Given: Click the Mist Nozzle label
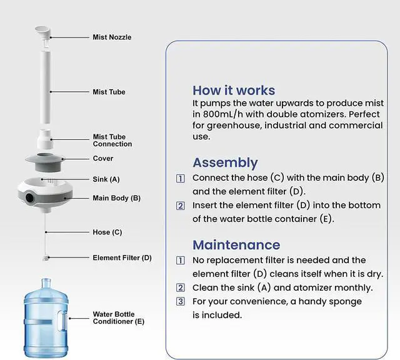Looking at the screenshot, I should pyautogui.click(x=112, y=37).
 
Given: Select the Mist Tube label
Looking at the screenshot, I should pyautogui.click(x=109, y=92).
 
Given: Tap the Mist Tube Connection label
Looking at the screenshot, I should pyautogui.click(x=112, y=141).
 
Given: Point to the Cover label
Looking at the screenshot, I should pyautogui.click(x=103, y=159).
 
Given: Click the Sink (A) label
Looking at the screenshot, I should pyautogui.click(x=106, y=179).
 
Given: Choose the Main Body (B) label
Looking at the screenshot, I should pyautogui.click(x=116, y=198).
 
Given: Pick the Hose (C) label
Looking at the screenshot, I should pyautogui.click(x=107, y=232).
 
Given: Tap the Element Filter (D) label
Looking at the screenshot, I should pyautogui.click(x=122, y=257).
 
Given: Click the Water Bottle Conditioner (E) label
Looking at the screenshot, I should pyautogui.click(x=118, y=317).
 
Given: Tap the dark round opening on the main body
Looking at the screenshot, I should pyautogui.click(x=30, y=198).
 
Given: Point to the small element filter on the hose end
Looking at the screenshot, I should pyautogui.click(x=46, y=257).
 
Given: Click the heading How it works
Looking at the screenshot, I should pyautogui.click(x=234, y=90).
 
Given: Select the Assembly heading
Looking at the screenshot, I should pyautogui.click(x=225, y=162).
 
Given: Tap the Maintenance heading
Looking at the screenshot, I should pyautogui.click(x=236, y=244).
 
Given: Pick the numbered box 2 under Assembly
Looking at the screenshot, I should pyautogui.click(x=181, y=206).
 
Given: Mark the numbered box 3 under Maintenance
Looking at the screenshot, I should pyautogui.click(x=181, y=301).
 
